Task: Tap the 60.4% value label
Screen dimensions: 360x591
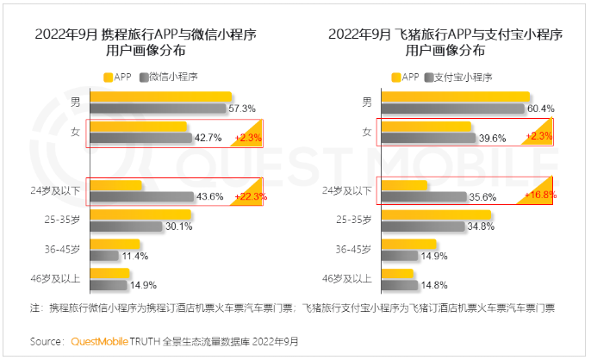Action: coord(540,109)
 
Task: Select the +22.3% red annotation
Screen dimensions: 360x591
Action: coord(249,196)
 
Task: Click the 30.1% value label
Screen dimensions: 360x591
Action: coord(178,227)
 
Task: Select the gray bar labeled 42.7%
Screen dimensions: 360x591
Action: coord(140,138)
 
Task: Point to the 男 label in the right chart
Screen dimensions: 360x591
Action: coord(367,102)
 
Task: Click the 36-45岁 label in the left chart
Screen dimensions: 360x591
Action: coord(64,250)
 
